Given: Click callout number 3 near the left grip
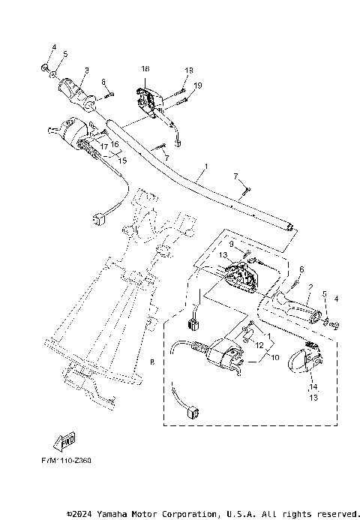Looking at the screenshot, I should coord(86,71).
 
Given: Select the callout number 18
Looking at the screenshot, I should coord(145,68).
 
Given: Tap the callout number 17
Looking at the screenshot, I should coord(104,146).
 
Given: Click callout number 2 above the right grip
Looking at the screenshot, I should coord(310,287).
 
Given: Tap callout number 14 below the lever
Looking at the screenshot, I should coord(312,386).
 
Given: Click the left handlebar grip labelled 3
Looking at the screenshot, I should coord(77,91).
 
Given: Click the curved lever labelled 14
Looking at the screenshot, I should coord(303,361).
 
